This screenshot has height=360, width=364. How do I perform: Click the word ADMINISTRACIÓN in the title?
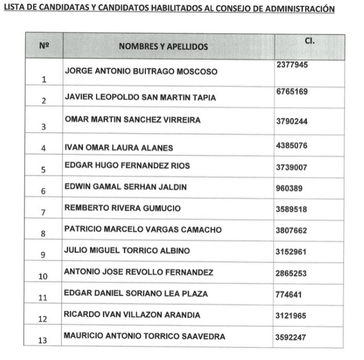point(304,9)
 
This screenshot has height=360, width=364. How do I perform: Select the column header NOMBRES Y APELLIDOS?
point(163,46)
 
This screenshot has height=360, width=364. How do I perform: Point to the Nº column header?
point(44,46)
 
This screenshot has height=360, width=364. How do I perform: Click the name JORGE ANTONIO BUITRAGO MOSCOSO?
point(141,71)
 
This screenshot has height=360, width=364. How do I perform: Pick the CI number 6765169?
point(292,91)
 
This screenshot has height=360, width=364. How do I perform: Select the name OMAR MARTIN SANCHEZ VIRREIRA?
point(132,120)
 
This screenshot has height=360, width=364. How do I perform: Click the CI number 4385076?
point(292,147)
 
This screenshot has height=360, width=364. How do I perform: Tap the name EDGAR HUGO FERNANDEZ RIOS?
point(127,166)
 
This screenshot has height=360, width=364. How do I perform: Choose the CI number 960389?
point(290,187)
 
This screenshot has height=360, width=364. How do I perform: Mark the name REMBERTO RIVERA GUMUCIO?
point(122,208)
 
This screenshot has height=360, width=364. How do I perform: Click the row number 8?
point(44,234)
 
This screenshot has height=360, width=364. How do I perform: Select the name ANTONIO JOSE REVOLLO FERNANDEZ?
point(138,272)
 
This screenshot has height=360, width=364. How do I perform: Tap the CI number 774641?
point(290,294)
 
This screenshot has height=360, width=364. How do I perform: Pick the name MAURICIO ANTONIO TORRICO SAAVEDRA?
point(144,336)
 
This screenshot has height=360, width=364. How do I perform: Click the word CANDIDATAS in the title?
point(60,9)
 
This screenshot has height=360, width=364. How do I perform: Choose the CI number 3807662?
point(292,230)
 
